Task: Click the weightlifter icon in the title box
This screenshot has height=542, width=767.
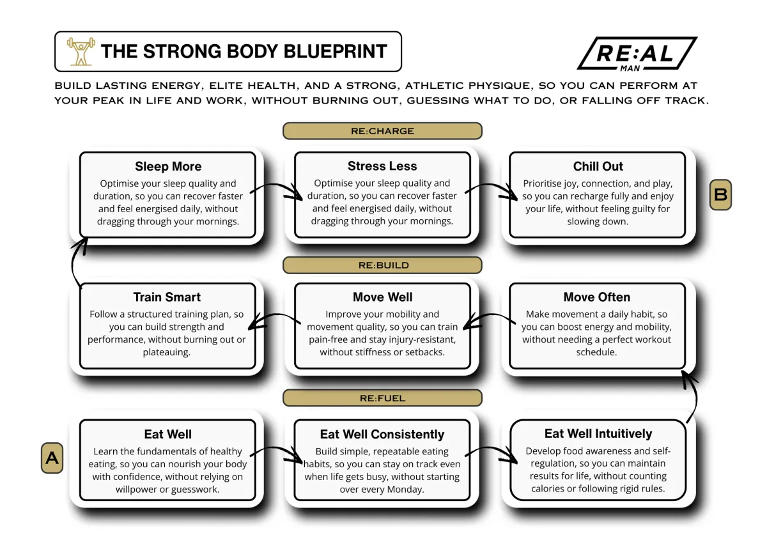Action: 81,51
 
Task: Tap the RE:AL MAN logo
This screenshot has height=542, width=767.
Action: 637,54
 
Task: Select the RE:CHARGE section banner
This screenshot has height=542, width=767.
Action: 382,131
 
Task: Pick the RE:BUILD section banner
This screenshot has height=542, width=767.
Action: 382,265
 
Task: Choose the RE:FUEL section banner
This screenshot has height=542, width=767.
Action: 382,398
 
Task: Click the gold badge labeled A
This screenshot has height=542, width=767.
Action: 52,458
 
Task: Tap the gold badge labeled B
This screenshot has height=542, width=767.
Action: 720,194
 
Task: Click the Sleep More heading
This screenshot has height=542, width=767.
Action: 168,166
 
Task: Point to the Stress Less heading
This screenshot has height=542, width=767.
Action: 382,166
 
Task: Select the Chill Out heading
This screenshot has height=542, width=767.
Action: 598,166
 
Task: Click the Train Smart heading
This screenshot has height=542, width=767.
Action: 167,297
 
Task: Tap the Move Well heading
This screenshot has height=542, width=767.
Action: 382,297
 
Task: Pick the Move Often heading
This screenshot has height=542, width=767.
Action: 597,297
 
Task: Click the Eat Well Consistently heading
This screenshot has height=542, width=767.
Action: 382,434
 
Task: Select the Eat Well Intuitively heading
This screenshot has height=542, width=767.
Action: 598,433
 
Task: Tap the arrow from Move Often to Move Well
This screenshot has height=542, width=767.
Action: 490,316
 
